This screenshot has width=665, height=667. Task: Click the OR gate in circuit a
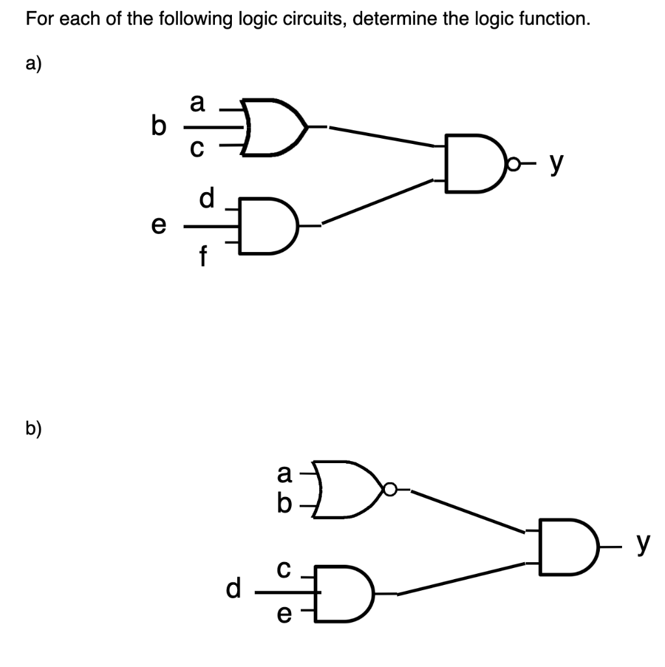[270, 128]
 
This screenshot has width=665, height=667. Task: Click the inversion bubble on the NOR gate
[389, 489]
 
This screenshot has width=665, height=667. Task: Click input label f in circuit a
[203, 259]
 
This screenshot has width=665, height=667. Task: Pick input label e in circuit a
[157, 226]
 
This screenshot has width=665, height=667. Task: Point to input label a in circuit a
[197, 102]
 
